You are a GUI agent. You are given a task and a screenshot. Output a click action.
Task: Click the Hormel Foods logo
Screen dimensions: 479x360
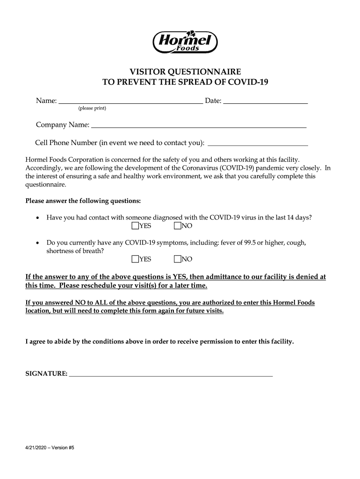(x=186, y=41)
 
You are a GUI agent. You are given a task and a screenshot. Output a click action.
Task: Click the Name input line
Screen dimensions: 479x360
(x=130, y=101)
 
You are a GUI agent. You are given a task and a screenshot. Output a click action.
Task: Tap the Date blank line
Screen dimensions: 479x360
(x=266, y=101)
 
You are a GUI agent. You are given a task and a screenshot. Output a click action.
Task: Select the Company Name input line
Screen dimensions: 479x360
(x=199, y=126)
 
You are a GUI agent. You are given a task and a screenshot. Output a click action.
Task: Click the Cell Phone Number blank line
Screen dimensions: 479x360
(x=258, y=144)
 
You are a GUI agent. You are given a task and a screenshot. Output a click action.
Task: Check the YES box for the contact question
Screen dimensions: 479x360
(x=136, y=226)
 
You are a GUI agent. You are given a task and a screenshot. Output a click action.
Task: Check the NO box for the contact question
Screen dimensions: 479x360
(x=178, y=226)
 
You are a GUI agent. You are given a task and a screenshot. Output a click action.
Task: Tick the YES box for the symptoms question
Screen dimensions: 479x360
(x=136, y=259)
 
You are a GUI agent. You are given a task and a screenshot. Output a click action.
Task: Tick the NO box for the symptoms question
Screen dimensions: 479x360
(x=178, y=259)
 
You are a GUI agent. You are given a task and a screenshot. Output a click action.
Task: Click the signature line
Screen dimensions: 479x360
(x=171, y=375)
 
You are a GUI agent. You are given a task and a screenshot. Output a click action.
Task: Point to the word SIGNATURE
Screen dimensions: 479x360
(x=46, y=374)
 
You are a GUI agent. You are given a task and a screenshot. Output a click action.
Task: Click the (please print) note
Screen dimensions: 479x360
(x=92, y=109)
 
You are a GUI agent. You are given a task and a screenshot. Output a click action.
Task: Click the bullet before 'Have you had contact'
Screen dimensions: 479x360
(x=37, y=218)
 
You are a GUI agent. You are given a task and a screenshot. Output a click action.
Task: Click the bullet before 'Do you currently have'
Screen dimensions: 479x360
(x=37, y=243)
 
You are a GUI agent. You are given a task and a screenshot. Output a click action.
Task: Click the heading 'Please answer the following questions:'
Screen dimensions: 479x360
(x=83, y=201)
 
